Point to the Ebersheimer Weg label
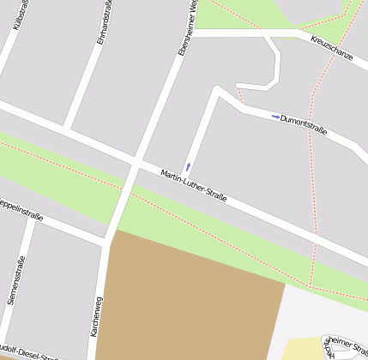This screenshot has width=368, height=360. [x=188, y=28]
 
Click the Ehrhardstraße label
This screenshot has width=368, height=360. [x=103, y=27]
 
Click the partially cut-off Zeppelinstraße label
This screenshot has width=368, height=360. [x=19, y=208]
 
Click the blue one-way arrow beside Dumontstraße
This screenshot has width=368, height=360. [x=275, y=117]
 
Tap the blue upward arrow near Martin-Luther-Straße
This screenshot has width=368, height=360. [x=188, y=166]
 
